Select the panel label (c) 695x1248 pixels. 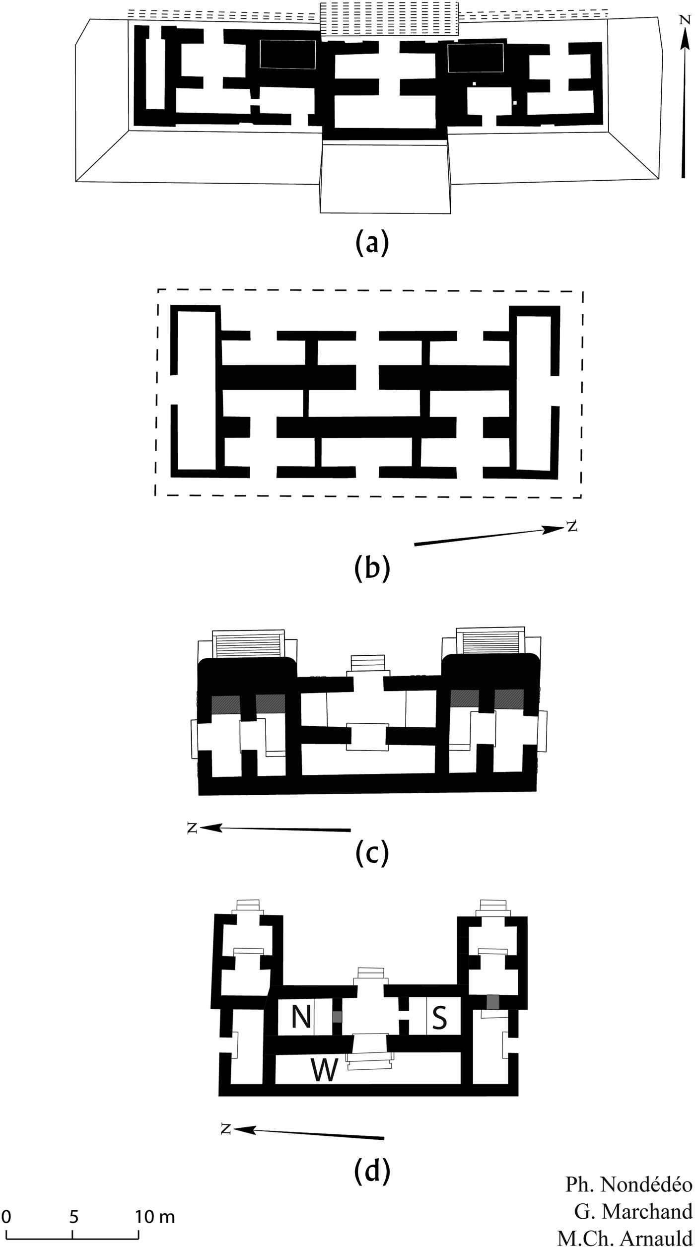point(372,852)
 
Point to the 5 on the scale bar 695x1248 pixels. point(73,1214)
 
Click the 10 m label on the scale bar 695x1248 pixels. point(155,1214)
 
